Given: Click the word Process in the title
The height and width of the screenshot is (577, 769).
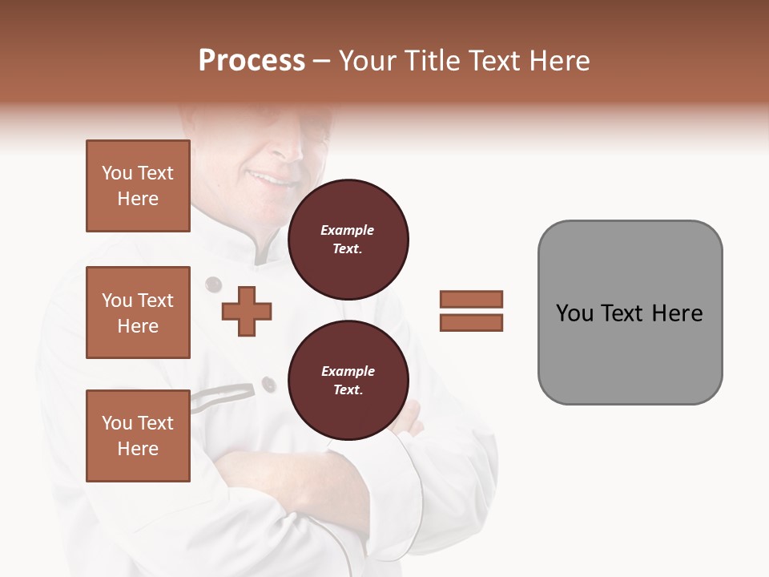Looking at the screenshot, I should (252, 61).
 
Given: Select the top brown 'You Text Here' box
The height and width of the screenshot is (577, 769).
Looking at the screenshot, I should (138, 186).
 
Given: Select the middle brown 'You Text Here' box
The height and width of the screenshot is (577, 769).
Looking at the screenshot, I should (138, 313).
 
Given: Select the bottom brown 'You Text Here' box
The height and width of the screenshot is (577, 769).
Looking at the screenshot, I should (138, 435).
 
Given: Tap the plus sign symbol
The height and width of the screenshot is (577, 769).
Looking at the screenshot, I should (247, 311).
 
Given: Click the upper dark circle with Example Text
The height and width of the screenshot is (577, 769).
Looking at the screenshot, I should (348, 239).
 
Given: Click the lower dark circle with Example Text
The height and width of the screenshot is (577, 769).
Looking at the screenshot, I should (348, 380).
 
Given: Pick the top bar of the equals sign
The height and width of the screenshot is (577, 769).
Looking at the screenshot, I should (471, 299).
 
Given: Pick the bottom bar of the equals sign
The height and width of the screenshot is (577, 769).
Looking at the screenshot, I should (471, 322).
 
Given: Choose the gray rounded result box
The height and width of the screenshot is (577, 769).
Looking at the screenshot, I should (630, 313).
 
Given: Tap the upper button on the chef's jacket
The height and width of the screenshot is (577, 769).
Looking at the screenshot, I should (213, 284).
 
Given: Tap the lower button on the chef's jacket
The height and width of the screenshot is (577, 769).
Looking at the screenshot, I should (268, 385).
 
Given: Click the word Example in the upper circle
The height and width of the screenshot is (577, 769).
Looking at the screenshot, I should (348, 230).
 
